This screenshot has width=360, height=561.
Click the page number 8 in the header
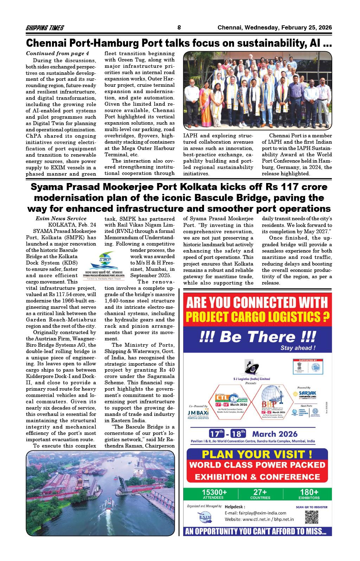179,28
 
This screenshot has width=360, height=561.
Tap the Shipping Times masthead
45,28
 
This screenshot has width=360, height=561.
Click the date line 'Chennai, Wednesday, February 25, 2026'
275,28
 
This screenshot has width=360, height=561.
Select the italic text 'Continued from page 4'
58,53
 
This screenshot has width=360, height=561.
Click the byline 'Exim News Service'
61,218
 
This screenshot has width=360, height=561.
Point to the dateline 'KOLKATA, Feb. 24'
72,224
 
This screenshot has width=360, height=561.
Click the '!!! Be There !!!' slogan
257,337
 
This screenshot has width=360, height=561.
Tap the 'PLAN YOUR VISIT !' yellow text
257,454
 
